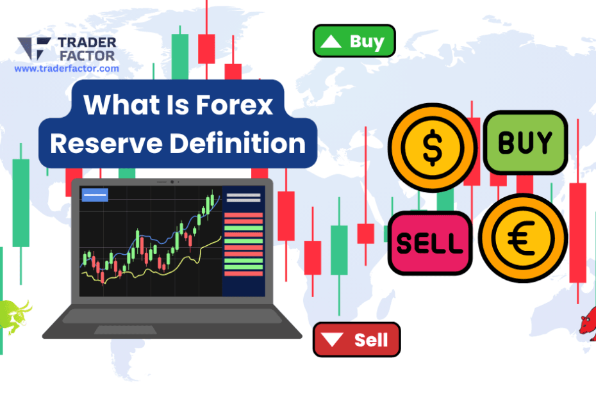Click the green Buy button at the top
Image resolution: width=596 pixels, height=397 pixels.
click(x=354, y=42)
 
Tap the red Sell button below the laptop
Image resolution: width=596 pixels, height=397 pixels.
click(x=356, y=339)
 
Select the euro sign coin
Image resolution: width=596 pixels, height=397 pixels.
click(x=523, y=238)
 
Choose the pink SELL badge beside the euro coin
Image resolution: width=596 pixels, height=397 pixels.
click(x=429, y=243)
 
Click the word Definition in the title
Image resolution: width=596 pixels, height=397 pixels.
click(x=237, y=143)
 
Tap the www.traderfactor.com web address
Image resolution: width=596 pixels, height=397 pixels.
click(x=67, y=68)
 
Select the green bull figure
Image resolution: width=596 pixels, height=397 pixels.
click(x=15, y=314)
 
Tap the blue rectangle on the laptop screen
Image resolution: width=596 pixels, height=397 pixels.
click(x=95, y=195)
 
